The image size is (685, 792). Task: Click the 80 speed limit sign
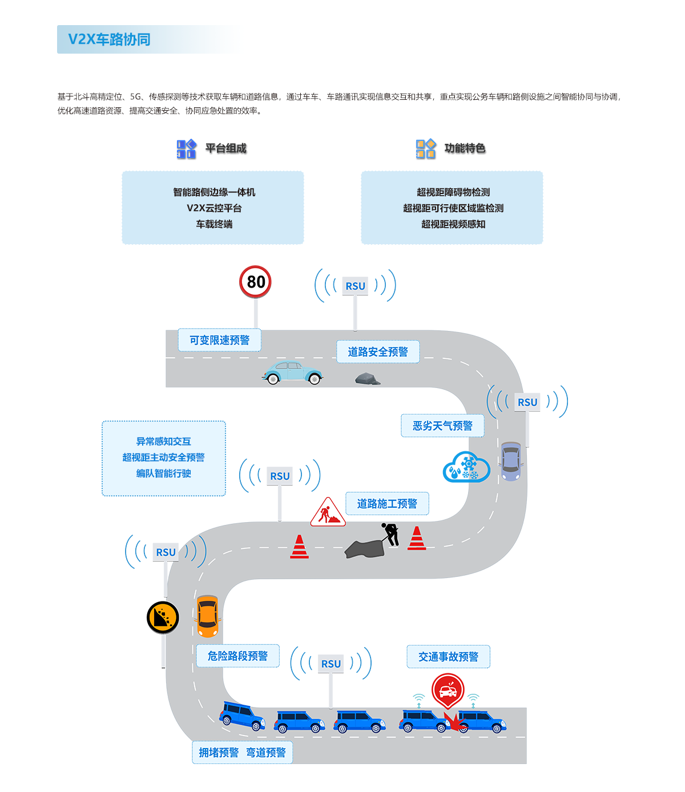(255, 282)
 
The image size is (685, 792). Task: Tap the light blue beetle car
(293, 372)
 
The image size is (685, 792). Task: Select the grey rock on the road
(367, 378)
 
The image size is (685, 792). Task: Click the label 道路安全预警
(378, 351)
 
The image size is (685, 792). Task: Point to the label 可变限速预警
(220, 340)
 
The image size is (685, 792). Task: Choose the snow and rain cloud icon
(466, 467)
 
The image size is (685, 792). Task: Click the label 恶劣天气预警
(442, 426)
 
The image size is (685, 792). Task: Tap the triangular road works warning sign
(328, 512)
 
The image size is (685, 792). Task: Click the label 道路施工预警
(387, 503)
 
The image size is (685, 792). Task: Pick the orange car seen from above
(207, 616)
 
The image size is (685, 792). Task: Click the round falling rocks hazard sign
(163, 617)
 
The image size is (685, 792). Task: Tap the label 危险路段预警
(237, 656)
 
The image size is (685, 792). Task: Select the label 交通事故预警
(448, 657)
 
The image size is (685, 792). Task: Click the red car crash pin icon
(448, 690)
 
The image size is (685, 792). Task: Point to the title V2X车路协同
(109, 39)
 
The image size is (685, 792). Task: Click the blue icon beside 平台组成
(186, 149)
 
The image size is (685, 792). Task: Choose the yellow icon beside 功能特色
(426, 149)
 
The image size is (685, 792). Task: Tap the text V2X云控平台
(214, 208)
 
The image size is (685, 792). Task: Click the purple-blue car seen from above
(511, 461)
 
